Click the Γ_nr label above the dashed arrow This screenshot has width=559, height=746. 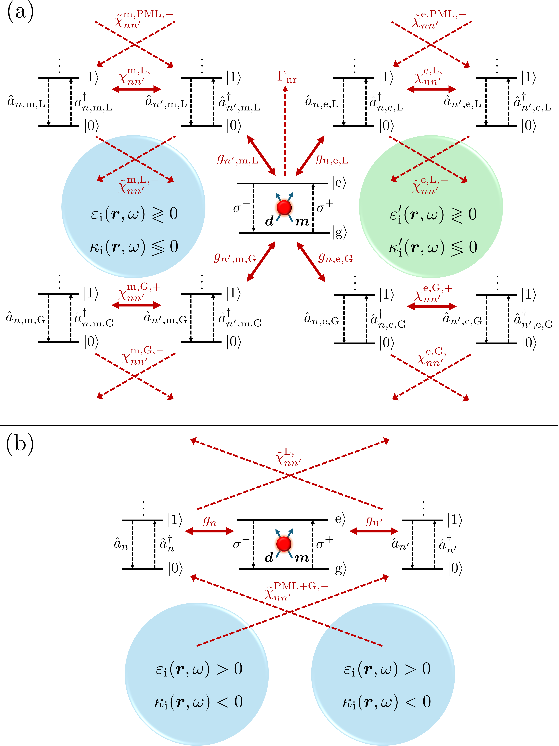point(287,77)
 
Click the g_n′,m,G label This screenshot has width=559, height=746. point(235,258)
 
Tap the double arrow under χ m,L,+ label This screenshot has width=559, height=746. point(136,89)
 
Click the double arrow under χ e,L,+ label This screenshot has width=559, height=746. point(431,89)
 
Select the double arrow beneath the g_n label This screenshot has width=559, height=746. point(209,531)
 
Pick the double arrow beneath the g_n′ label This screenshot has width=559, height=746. point(374,531)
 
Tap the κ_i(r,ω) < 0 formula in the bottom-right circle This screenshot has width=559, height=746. point(387,701)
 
